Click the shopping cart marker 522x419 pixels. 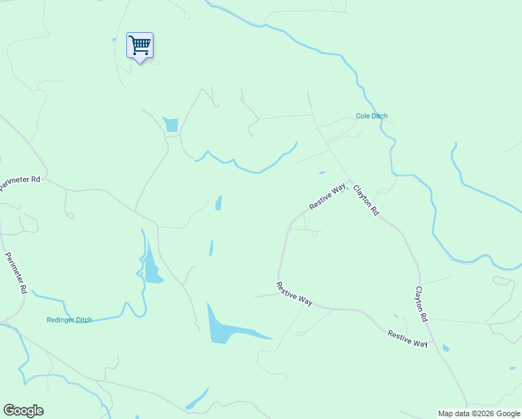tap(140, 46)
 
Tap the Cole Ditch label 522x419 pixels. tap(371, 116)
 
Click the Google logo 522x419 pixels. tap(23, 411)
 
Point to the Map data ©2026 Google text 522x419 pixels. tap(479, 413)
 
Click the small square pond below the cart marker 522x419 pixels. tap(171, 125)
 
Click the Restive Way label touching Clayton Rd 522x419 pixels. tap(328, 197)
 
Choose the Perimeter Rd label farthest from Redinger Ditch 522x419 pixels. tap(20, 180)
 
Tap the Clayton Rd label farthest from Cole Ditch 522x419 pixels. tap(422, 304)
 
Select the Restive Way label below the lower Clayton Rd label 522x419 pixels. tap(408, 339)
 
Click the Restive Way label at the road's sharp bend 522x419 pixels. tap(294, 293)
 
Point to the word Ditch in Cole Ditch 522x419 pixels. tap(380, 116)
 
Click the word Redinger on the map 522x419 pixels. tap(61, 320)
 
